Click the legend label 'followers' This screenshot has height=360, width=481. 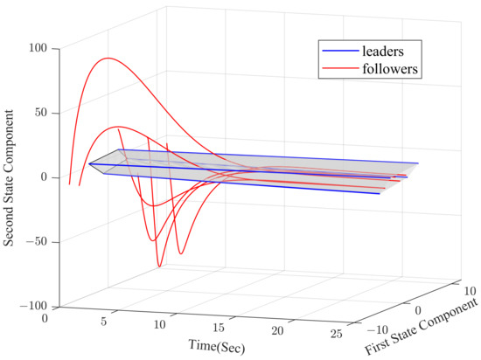[389, 69]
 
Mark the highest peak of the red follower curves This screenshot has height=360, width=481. [107, 59]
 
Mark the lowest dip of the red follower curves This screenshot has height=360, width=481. [159, 266]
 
